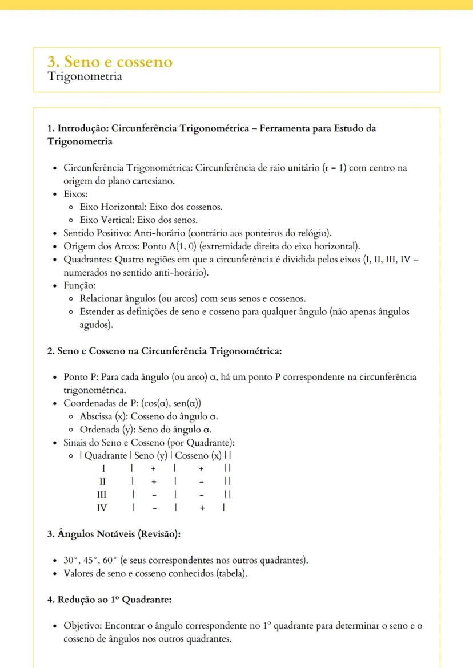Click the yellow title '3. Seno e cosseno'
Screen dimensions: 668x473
coord(109,62)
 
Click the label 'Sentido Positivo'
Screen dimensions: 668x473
coord(95,233)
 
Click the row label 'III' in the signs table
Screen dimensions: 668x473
coord(103,493)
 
